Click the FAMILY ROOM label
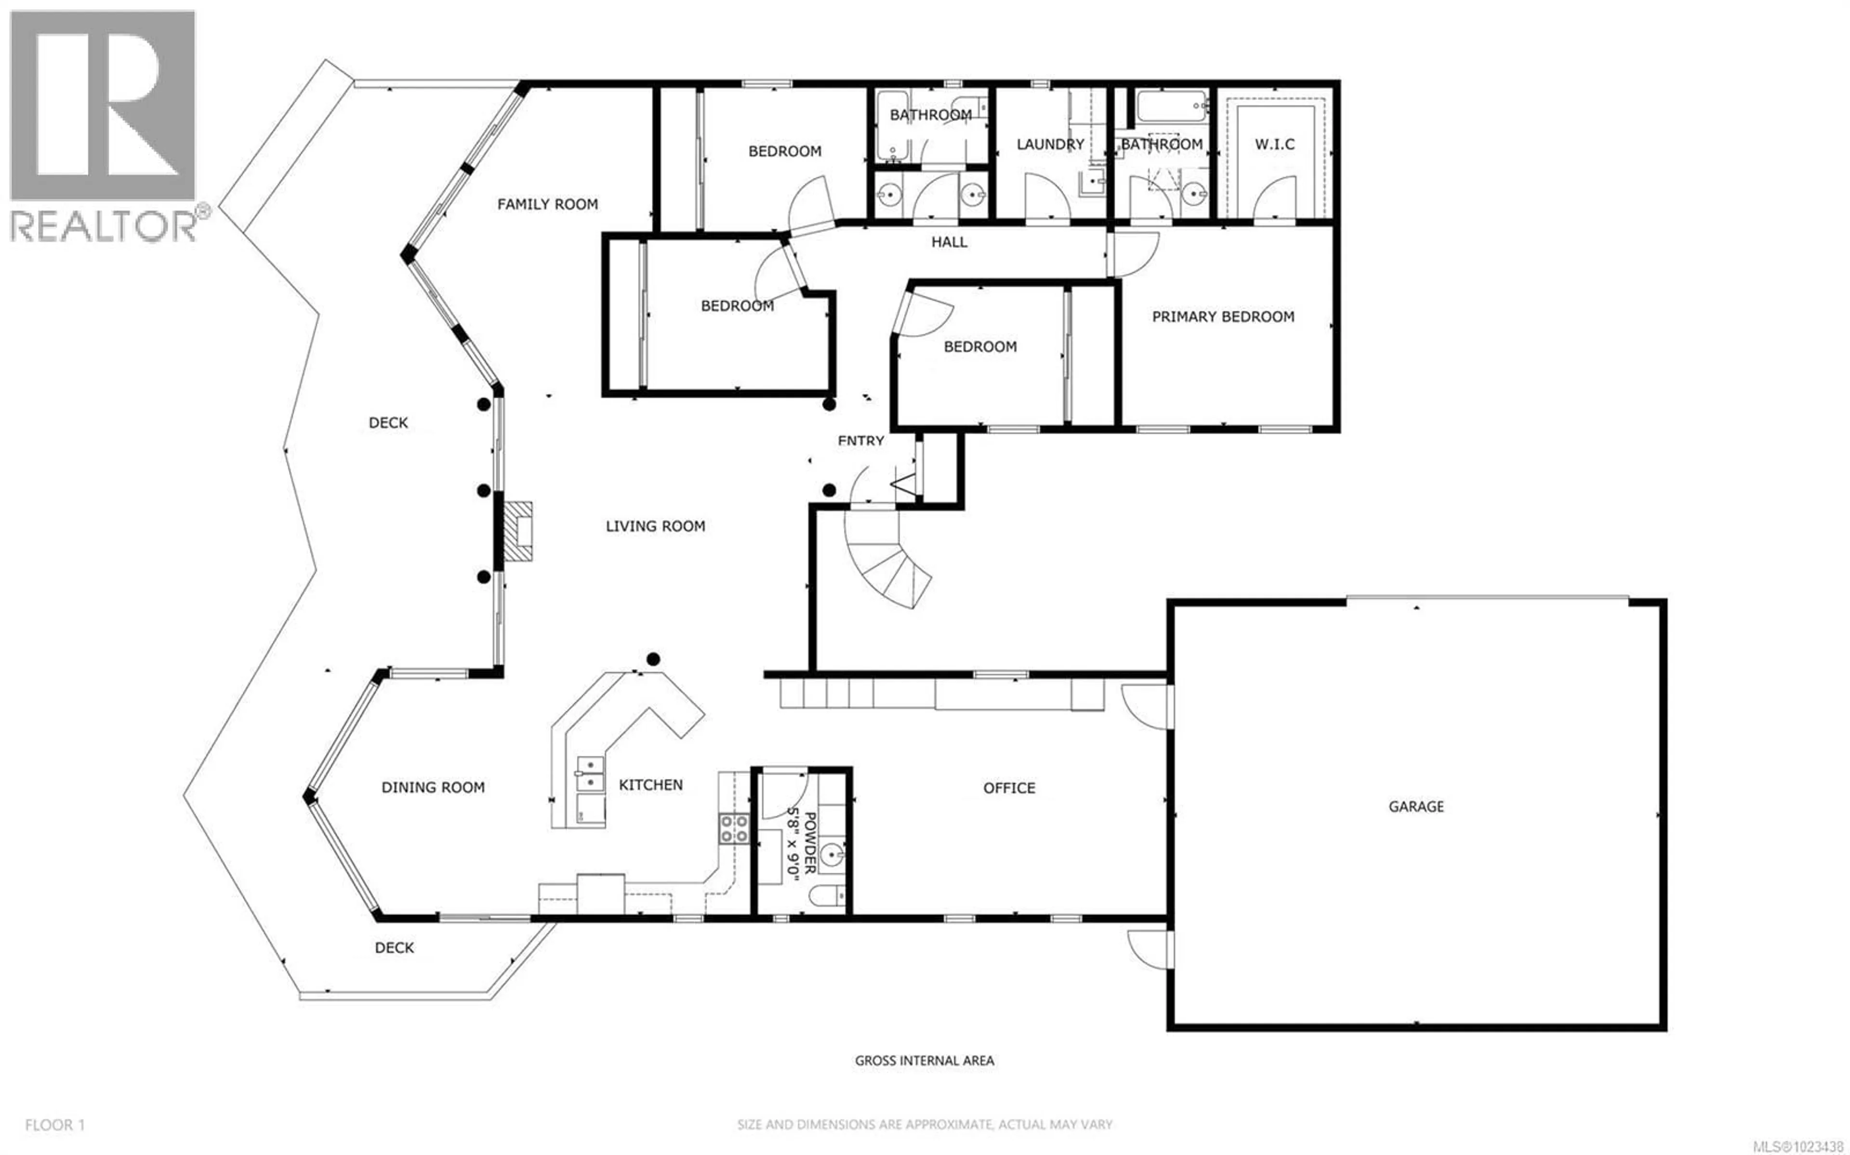547,204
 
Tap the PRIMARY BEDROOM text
1222,316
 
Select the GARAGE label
1415,806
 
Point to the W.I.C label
1274,144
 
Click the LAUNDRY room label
1049,144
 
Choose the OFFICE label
1008,787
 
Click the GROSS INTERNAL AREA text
924,1060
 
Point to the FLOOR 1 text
55,1125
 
